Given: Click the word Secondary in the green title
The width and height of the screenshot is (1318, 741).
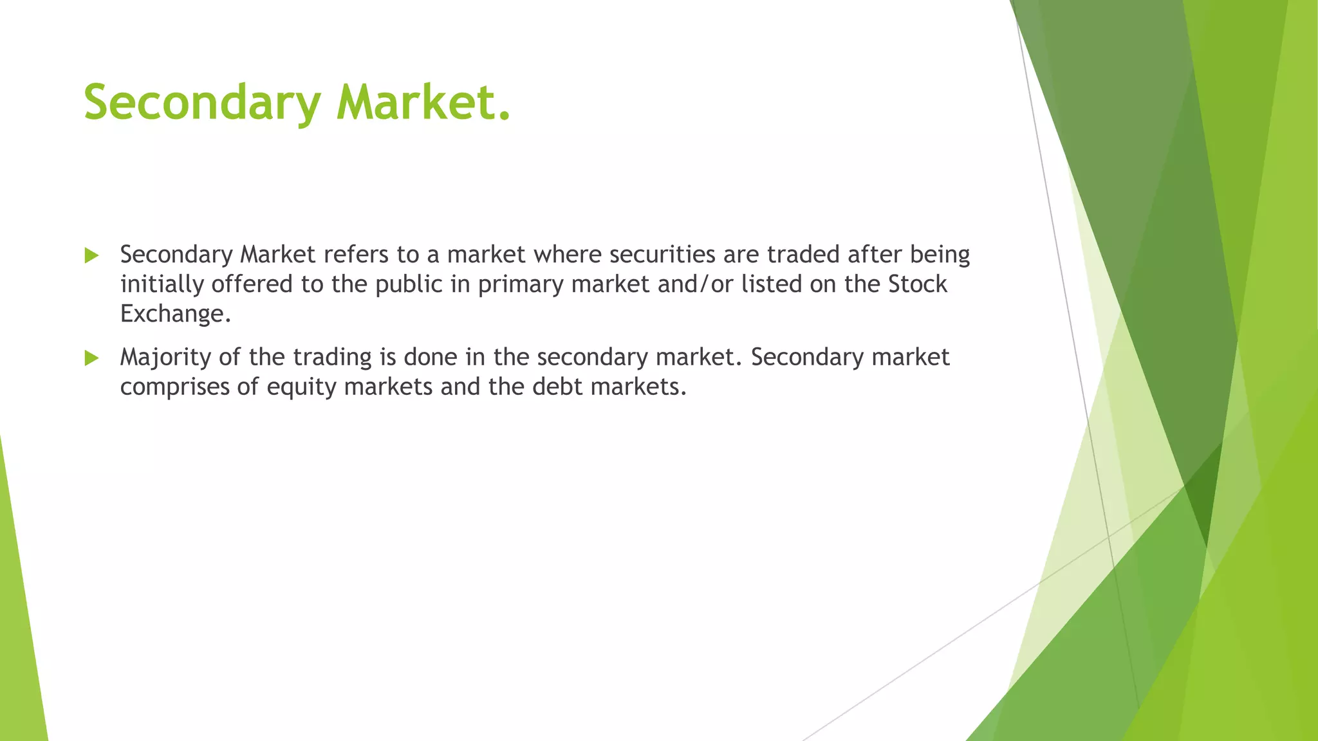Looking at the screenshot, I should [x=202, y=103].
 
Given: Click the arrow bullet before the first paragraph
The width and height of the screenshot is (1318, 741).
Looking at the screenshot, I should [x=91, y=255].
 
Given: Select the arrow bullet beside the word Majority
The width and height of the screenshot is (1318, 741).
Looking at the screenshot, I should [x=91, y=358].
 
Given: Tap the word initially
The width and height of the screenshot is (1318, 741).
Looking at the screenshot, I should [x=162, y=284].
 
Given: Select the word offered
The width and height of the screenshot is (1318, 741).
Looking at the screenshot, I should [x=252, y=284].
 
